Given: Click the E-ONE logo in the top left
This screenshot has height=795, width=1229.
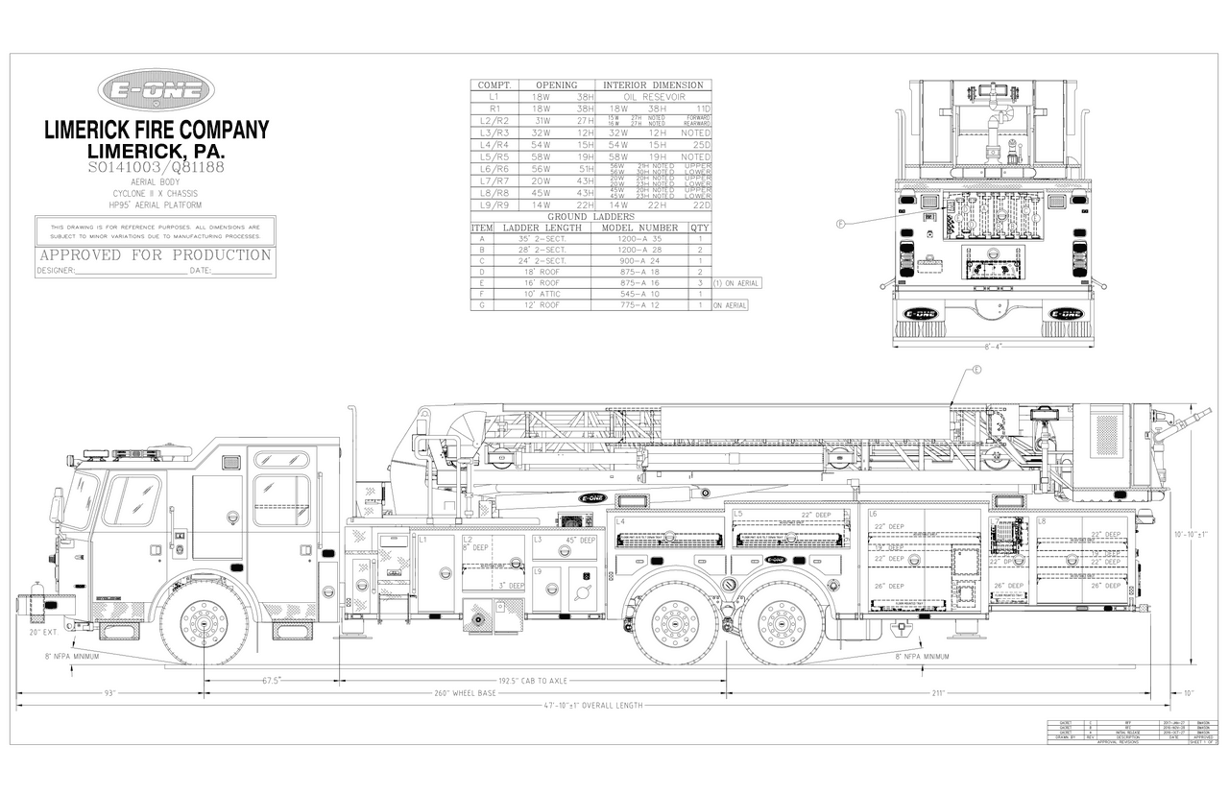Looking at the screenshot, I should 156,92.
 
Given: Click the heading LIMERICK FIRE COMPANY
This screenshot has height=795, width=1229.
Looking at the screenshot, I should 157,131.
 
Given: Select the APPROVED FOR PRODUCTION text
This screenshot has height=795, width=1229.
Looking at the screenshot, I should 155,255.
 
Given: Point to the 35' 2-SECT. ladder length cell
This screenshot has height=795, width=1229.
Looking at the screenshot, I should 542,238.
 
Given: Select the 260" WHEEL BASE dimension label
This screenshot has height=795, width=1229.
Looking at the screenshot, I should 467,693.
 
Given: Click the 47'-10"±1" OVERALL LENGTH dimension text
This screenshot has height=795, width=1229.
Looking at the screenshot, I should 593,706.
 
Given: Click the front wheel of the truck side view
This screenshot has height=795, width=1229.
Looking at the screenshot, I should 205,623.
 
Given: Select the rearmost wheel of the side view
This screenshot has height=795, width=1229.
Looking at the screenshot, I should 782,623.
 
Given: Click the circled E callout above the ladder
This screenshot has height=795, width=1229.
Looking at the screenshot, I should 976,370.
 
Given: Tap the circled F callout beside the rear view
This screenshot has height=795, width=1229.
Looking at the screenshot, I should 840,225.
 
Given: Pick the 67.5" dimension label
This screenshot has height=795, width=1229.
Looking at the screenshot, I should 272,681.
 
